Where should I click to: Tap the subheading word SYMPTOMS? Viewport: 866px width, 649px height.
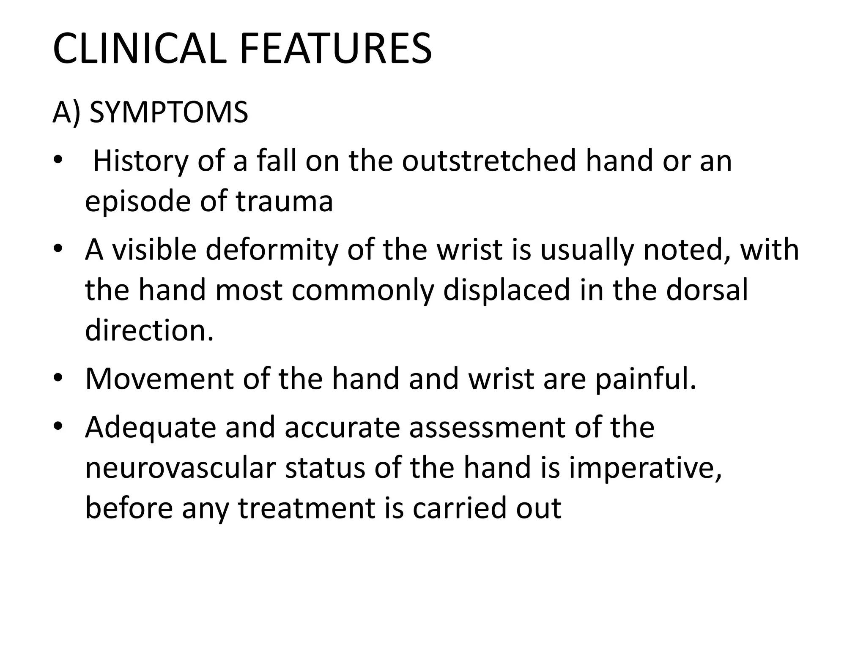(x=169, y=113)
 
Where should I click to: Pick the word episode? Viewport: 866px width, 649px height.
(x=138, y=202)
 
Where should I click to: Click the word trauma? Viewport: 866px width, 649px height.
(x=284, y=202)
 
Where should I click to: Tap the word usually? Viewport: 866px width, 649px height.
(x=587, y=250)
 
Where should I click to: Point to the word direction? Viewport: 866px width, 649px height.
(x=149, y=330)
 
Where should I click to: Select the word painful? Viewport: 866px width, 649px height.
(x=646, y=379)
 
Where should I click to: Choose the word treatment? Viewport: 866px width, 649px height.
(x=307, y=508)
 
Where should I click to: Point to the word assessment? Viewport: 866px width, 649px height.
(x=487, y=428)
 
